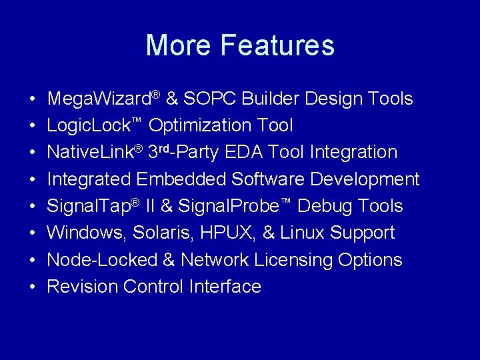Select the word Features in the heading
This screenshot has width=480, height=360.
coord(277,45)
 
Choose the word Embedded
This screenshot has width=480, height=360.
coord(181,179)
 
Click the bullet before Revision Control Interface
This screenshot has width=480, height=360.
coord(33,287)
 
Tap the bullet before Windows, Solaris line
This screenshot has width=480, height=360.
coord(33,233)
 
